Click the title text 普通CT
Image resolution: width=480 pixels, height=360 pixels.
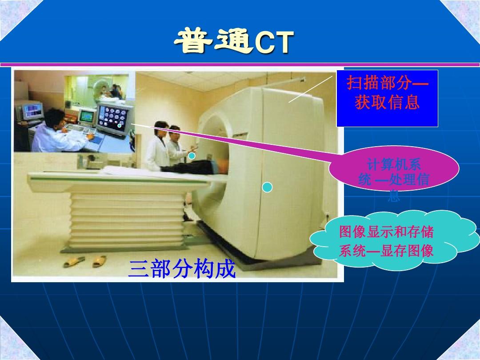tap(234, 43)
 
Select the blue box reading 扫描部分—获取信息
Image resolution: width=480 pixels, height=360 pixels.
tap(387, 98)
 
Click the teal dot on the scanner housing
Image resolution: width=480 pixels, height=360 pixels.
tap(267, 188)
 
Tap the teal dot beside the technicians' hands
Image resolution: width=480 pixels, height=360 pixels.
tap(192, 156)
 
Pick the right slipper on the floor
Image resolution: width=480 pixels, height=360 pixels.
tap(100, 261)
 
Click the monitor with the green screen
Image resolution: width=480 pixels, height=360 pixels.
tap(87, 116)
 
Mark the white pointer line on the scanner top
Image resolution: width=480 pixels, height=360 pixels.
tap(310, 89)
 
